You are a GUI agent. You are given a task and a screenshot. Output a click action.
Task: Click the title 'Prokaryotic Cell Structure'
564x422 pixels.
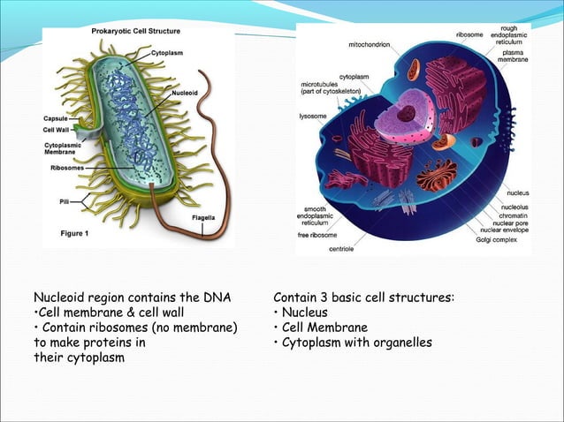(x=137, y=32)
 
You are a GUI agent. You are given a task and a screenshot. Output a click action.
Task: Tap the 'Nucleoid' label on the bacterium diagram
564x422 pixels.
(x=186, y=92)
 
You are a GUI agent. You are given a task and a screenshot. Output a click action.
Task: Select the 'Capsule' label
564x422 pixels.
(x=56, y=118)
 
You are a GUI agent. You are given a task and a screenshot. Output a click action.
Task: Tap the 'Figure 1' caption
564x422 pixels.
(x=74, y=234)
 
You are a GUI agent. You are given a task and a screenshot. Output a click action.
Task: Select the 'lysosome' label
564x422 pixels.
(x=314, y=115)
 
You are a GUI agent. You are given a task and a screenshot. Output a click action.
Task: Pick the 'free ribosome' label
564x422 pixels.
(x=316, y=235)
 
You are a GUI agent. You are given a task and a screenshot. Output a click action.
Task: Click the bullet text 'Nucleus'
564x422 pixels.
(x=305, y=313)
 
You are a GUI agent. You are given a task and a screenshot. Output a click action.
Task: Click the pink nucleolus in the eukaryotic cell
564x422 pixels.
(x=406, y=113)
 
